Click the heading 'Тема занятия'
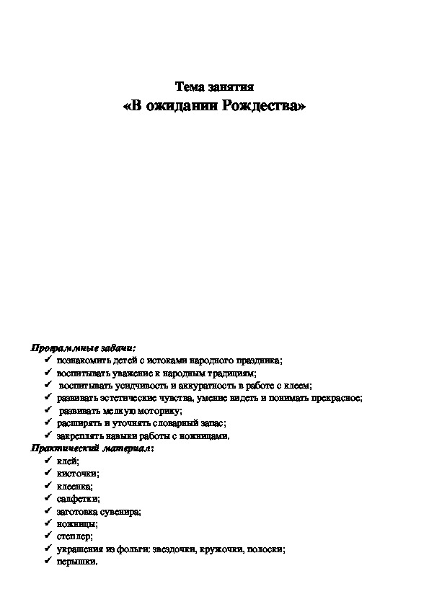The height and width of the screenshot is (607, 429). pos(214,88)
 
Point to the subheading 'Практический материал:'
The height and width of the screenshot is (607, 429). pos(92,448)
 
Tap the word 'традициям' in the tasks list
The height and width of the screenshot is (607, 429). pos(231,373)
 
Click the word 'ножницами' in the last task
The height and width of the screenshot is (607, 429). pos(207,435)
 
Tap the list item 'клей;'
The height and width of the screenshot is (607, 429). pos(68,461)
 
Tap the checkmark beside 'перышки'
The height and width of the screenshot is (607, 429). pos(46,560)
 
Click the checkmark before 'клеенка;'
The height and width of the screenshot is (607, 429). pos(46,485)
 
